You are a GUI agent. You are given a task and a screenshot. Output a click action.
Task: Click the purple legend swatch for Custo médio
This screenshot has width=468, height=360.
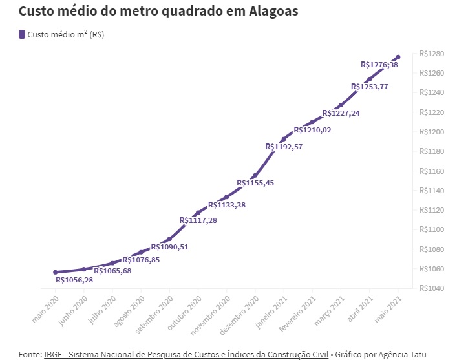click(22, 34)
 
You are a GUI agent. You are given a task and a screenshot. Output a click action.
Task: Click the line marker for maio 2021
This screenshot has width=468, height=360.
click(398, 57)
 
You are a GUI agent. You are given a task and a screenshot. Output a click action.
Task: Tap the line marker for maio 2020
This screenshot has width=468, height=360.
click(56, 272)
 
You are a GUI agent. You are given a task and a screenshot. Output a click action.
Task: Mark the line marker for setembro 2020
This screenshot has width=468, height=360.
click(169, 238)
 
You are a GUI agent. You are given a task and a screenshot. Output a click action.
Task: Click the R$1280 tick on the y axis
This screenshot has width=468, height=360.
click(430, 54)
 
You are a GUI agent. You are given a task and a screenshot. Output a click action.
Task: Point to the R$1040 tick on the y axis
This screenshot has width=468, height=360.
click(430, 288)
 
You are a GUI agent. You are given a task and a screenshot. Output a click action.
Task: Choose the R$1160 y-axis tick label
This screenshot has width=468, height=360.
click(430, 171)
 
